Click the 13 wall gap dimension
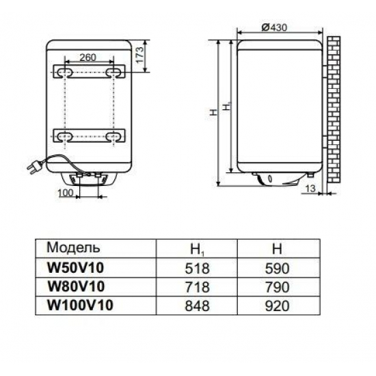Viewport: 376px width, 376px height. pyautogui.click(x=312, y=188)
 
